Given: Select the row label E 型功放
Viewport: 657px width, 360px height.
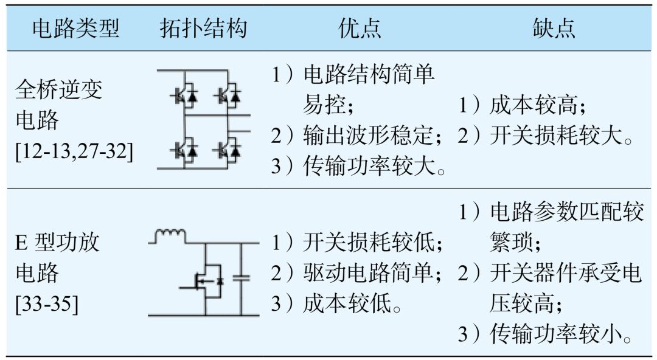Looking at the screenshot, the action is click(57, 242).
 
